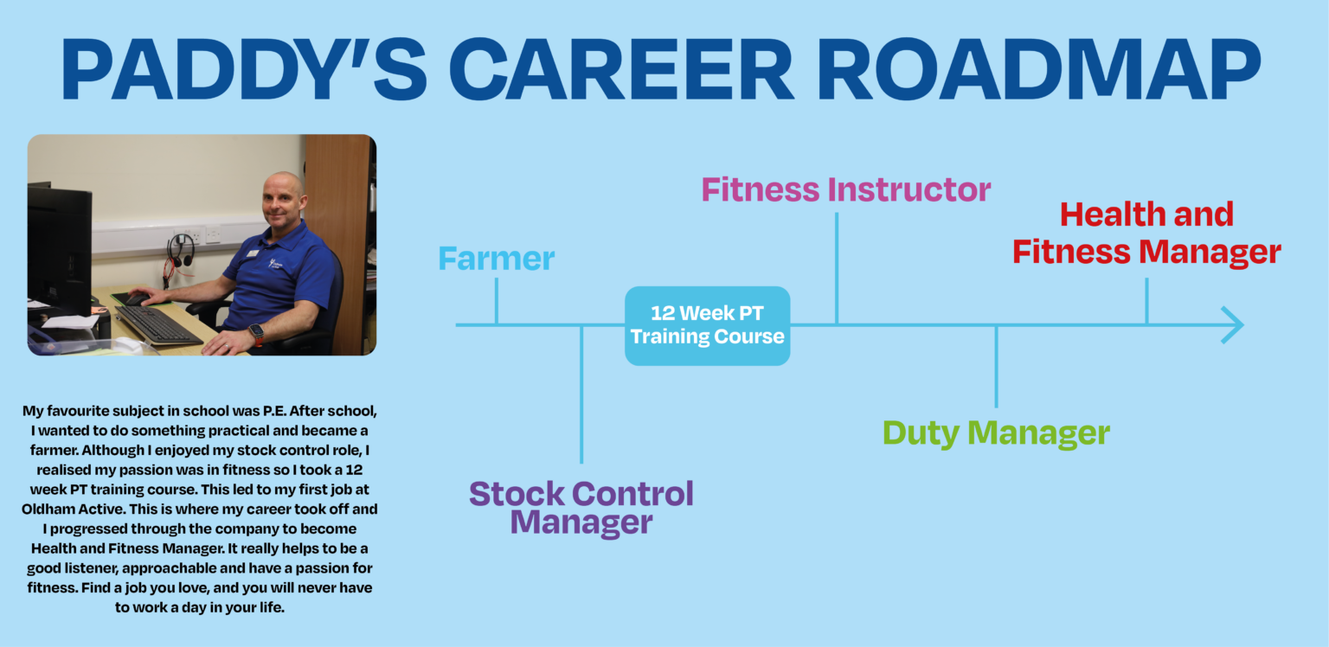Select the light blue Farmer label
496,258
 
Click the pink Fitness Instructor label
845,189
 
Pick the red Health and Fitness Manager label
1146,234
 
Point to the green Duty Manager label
996,432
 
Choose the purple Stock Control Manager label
581,508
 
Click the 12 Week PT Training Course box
707,326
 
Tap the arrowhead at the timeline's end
1233,325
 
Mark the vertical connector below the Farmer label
496,300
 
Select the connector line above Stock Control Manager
581,394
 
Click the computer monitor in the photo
59,247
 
